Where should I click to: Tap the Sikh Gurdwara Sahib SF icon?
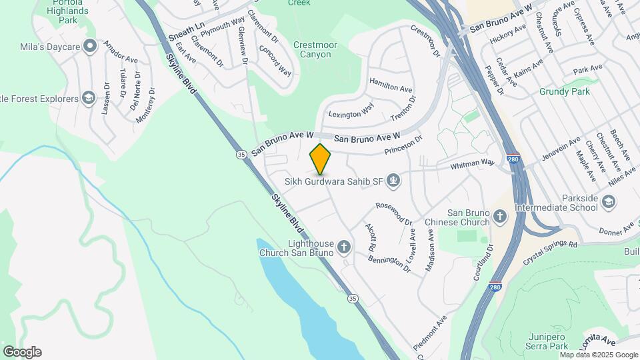pos(394,179)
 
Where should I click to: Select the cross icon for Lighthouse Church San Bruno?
pos(344,248)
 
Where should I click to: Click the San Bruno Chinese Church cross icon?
pos(501,215)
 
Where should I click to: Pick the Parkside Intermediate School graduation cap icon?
pos(609,201)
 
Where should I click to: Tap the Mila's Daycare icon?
pos(89,47)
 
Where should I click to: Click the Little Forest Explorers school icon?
pos(88,99)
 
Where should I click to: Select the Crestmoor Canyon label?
pos(307,49)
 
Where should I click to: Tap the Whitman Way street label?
pos(473,163)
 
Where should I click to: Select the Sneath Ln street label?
pos(186,31)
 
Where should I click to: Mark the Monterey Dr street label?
pos(145,105)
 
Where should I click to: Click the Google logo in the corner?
pos(22,352)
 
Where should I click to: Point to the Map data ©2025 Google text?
pos(599,355)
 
